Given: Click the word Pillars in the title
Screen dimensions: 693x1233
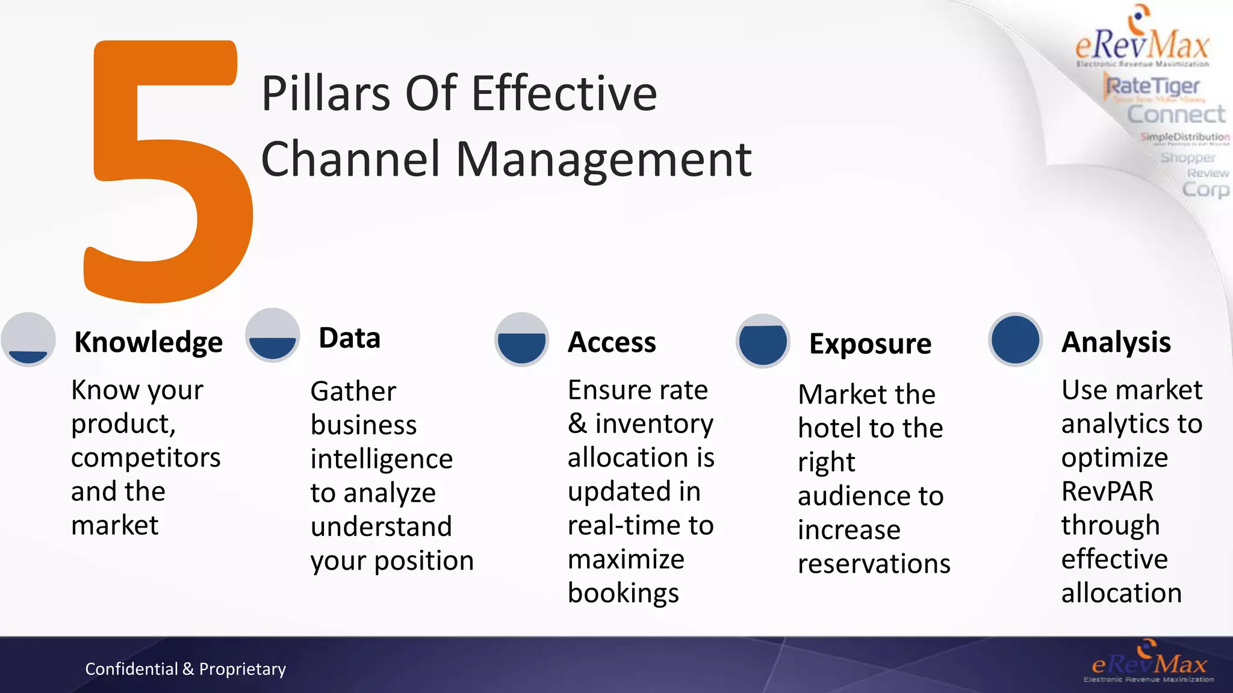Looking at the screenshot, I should click(326, 94).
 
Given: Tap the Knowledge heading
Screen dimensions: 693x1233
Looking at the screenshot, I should click(148, 342).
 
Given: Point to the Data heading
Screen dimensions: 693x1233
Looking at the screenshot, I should click(349, 338).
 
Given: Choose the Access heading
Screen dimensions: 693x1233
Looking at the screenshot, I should click(612, 342).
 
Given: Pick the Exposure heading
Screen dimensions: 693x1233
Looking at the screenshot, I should click(870, 344).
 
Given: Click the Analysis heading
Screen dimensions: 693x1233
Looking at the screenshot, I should click(1116, 342).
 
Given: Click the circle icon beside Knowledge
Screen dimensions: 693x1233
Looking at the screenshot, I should click(28, 340).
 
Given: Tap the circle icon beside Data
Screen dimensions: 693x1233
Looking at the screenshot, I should click(273, 335).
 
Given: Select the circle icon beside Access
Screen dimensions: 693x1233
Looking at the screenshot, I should click(521, 340).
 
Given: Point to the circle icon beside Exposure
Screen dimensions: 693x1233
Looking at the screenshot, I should click(763, 341).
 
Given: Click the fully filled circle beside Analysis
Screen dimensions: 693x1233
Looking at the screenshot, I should click(1015, 340).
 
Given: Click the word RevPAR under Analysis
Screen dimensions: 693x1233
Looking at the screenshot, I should click(1107, 491).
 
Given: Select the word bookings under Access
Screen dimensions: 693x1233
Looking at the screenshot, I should click(623, 593).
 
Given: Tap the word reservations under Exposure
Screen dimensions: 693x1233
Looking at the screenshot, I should click(874, 564).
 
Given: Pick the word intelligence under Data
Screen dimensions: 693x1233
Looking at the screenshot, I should click(381, 460).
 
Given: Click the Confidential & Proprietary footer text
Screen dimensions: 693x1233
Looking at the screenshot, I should click(185, 669).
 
